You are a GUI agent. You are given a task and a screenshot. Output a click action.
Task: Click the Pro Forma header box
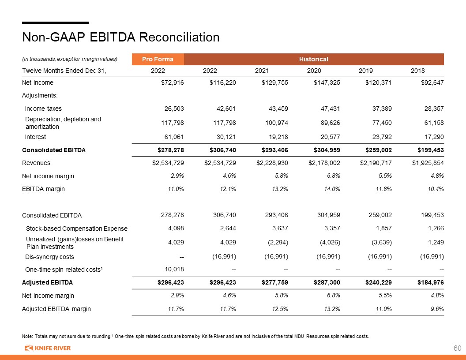[158, 59]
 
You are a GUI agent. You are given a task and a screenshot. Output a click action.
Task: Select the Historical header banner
[314, 59]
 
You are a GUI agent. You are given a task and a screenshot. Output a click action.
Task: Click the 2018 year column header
[417, 71]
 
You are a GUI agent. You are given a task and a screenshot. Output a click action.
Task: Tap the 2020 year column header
[314, 71]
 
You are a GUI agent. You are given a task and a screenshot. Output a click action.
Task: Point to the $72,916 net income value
[173, 82]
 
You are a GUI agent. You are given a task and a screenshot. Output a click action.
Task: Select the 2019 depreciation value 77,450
[382, 123]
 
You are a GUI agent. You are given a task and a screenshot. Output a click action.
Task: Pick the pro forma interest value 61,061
[174, 137]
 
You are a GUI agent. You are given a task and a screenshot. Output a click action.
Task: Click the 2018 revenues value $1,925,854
[428, 163]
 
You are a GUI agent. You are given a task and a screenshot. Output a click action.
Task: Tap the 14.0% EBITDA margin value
[332, 189]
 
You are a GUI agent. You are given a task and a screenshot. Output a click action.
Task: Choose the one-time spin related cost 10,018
[174, 269]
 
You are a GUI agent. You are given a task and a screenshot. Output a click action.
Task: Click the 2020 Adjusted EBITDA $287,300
[327, 282]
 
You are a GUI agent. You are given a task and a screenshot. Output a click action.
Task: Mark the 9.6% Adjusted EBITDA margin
[437, 309]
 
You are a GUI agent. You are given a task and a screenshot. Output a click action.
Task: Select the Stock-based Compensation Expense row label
[77, 229]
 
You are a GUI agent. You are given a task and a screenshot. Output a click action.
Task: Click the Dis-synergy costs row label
[49, 257]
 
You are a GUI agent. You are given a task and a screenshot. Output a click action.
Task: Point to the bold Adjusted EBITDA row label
[47, 282]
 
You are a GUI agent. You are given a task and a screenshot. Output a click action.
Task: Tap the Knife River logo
[48, 348]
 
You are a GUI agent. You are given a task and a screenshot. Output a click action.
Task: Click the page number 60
[457, 348]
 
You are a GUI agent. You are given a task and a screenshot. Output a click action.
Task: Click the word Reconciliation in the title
[179, 37]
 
